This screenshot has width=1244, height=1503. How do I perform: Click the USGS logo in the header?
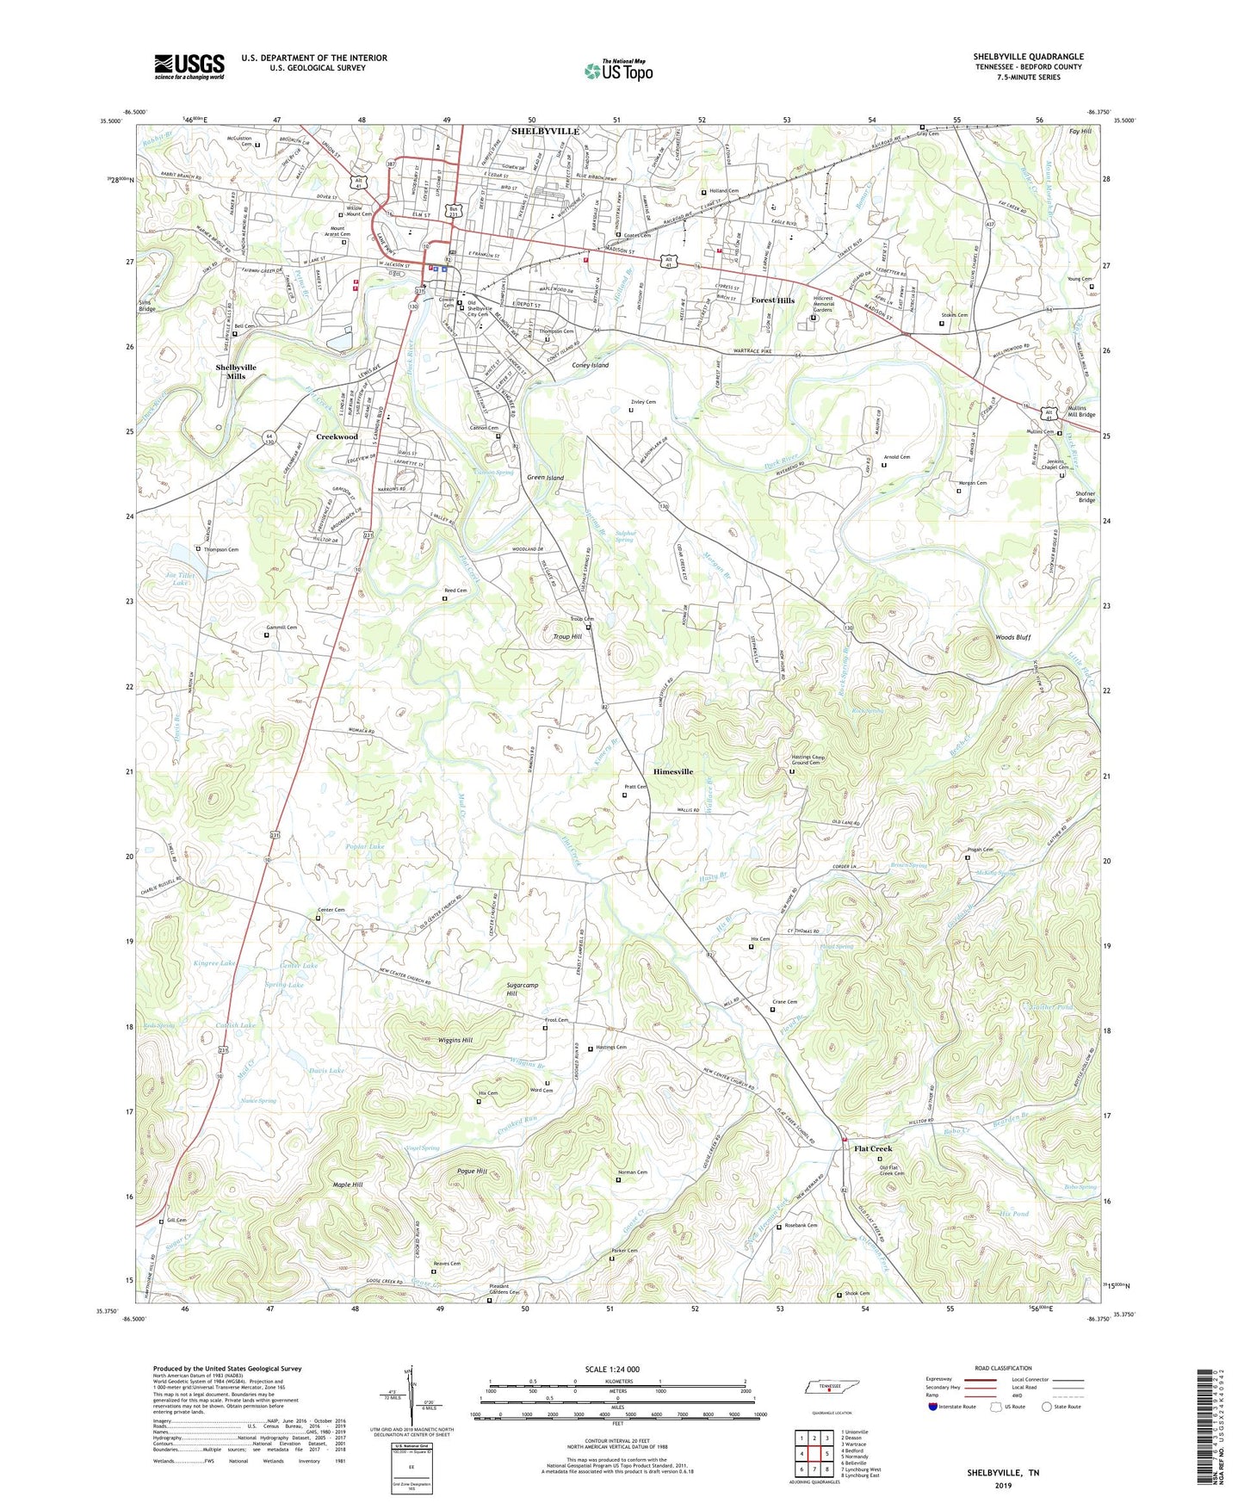(x=189, y=66)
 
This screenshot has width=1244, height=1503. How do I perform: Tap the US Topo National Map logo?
(x=618, y=70)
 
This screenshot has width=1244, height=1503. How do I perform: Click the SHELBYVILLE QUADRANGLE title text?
(x=1028, y=57)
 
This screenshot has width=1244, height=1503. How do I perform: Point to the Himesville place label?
(x=673, y=771)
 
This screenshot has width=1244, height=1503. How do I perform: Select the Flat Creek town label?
(x=873, y=1148)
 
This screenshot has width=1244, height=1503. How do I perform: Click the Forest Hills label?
(x=772, y=300)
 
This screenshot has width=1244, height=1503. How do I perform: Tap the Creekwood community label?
(x=337, y=436)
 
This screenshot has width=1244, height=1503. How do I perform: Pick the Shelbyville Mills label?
(x=236, y=372)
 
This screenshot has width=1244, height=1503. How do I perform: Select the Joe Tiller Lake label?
(x=180, y=578)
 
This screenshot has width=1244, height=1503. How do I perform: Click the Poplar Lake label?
(x=365, y=847)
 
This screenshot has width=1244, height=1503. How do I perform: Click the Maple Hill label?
(x=348, y=1184)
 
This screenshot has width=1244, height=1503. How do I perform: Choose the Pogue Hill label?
(x=472, y=1172)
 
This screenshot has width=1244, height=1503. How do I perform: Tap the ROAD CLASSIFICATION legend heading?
(x=1003, y=1368)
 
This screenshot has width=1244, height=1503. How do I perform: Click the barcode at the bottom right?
(x=1208, y=1430)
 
